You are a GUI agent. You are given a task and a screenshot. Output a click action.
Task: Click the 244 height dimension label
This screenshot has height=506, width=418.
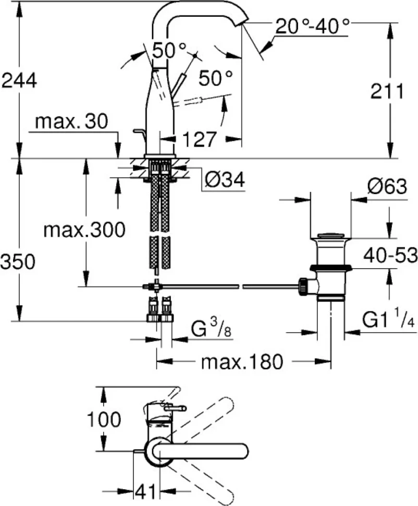click(x=19, y=81)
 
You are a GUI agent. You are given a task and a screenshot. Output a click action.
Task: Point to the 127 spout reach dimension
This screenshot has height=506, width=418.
click(x=199, y=139)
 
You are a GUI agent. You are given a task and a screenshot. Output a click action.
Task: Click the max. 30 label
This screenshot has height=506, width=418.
click(x=71, y=122)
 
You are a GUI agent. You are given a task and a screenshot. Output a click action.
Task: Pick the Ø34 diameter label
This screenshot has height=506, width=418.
click(x=225, y=179)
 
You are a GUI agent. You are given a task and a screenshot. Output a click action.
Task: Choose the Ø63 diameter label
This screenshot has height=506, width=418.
click(x=387, y=187)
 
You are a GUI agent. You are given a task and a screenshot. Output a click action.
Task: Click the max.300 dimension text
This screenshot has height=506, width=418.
click(x=84, y=230)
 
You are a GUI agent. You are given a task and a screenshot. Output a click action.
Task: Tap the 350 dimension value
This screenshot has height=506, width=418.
click(x=18, y=261)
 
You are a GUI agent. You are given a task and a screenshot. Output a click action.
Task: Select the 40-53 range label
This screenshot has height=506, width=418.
click(x=390, y=256)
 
